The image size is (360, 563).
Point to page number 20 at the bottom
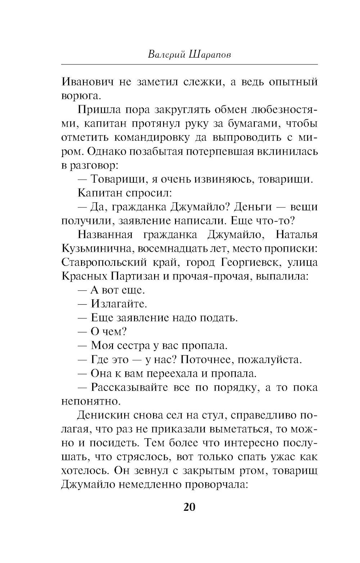[189, 507]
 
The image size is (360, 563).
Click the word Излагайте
[119, 304]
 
